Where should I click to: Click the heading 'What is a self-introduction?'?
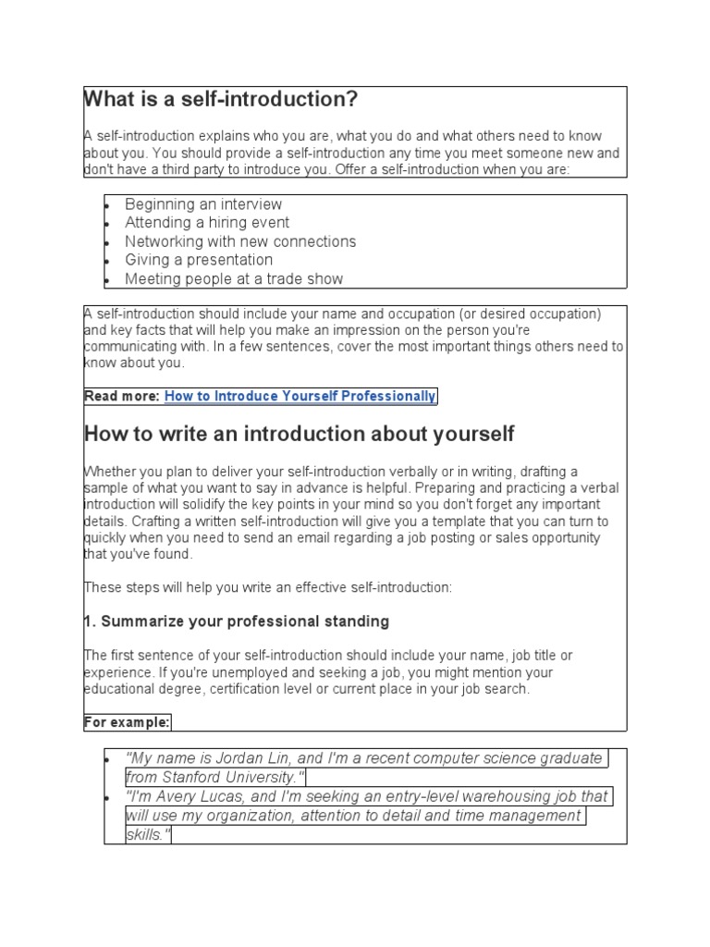click(220, 100)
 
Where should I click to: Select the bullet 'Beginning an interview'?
click(203, 204)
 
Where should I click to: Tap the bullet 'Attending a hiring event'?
click(207, 223)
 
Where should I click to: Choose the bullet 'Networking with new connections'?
click(240, 241)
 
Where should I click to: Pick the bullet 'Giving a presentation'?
click(199, 260)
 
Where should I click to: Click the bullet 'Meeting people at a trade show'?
click(234, 279)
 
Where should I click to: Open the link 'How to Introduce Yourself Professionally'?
click(300, 397)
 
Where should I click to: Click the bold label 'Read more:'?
click(122, 397)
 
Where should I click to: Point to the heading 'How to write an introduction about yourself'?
click(299, 434)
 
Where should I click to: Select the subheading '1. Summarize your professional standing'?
click(236, 621)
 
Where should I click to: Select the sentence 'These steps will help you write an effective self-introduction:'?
click(268, 587)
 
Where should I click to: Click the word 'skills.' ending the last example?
click(149, 835)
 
